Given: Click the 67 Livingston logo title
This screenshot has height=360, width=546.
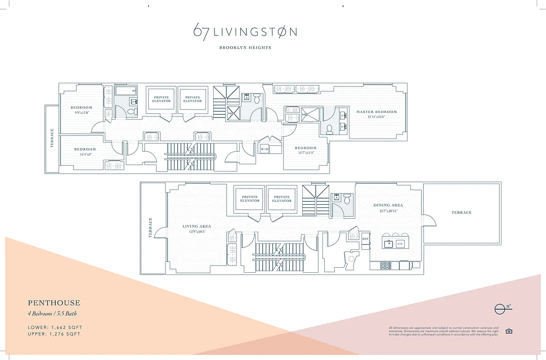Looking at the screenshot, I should [245, 32].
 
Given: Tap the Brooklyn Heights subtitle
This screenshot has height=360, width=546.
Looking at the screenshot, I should [245, 48].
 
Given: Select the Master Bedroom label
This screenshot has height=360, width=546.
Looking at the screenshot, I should [376, 112].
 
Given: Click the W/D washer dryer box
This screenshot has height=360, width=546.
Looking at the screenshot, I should [264, 149].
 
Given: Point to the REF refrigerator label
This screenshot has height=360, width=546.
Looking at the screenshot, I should [366, 239].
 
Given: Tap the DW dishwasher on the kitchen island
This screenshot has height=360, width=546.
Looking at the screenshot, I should [400, 244].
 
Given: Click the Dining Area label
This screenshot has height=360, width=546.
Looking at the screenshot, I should [388, 205].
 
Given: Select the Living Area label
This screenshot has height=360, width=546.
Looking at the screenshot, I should [197, 226].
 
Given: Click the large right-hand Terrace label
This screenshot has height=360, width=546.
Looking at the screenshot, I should [461, 212].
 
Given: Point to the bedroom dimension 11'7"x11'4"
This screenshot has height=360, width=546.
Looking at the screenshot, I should [305, 153].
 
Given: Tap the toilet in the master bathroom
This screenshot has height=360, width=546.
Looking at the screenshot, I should [329, 129].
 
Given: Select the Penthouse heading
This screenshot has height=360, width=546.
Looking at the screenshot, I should [54, 303].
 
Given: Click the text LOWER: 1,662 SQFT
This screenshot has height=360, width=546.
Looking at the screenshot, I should [55, 327].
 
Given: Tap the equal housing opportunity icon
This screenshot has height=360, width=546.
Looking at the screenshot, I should [509, 332].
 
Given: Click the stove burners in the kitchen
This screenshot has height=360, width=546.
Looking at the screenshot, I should [386, 265].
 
